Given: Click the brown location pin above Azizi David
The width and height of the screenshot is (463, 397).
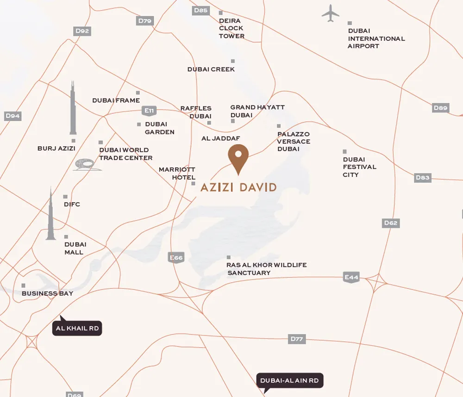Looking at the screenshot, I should pyautogui.click(x=238, y=158).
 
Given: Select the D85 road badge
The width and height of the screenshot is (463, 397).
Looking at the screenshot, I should pyautogui.click(x=201, y=10).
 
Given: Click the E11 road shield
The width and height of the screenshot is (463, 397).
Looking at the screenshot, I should pyautogui.click(x=149, y=111).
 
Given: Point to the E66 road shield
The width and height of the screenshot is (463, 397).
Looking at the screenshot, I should pyautogui.click(x=176, y=258).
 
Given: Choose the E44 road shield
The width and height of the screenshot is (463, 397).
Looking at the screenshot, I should pyautogui.click(x=351, y=278).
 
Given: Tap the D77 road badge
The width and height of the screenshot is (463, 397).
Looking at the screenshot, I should pyautogui.click(x=297, y=339).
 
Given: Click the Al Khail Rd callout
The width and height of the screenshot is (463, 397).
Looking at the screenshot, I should pyautogui.click(x=77, y=329).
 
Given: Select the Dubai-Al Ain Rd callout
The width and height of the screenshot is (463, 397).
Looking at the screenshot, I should pyautogui.click(x=289, y=381).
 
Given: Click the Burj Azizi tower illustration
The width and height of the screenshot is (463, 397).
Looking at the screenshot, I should pyautogui.click(x=73, y=109).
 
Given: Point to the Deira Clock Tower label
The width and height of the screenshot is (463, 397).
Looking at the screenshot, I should pyautogui.click(x=231, y=28).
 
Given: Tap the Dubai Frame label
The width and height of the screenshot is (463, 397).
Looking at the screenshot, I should pyautogui.click(x=116, y=100).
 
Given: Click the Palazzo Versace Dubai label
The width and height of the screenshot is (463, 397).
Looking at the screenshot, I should pyautogui.click(x=294, y=142).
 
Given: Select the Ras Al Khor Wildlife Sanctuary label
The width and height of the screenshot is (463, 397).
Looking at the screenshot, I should pyautogui.click(x=267, y=269).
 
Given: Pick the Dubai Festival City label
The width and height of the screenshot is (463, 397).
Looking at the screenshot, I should pyautogui.click(x=359, y=167).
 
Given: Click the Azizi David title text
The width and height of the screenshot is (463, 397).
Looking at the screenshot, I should pyautogui.click(x=238, y=187).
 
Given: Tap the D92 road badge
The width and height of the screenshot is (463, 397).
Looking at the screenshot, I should pyautogui.click(x=82, y=31).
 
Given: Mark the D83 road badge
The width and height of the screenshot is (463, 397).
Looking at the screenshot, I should pyautogui.click(x=423, y=177).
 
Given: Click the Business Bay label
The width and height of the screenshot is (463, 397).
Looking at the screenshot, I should pyautogui.click(x=47, y=293).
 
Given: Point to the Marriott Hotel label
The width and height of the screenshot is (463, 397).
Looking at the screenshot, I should pyautogui.click(x=177, y=174).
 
